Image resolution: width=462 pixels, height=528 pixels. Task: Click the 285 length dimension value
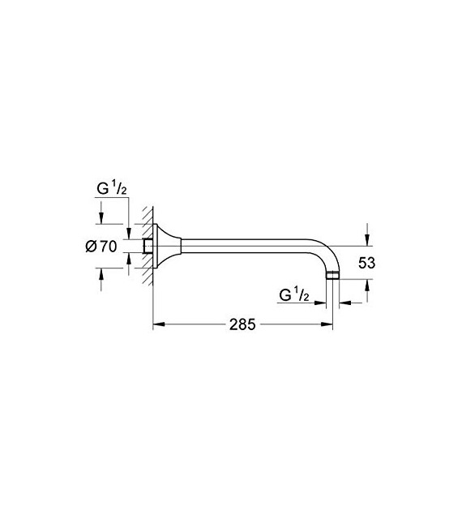pos(242,324)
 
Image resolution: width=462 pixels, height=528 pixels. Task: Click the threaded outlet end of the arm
pos(332,277)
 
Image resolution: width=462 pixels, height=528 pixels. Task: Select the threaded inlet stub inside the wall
pos(148,246)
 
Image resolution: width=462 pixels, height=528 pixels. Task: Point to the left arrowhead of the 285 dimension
pos(159,324)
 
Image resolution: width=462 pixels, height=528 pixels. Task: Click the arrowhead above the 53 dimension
pos(367,239)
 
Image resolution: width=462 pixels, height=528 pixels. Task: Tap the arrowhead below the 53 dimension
pos(367,285)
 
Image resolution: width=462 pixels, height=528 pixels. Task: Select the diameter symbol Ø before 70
pos(91,247)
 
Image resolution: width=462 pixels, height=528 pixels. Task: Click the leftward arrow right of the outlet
pos(344,303)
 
